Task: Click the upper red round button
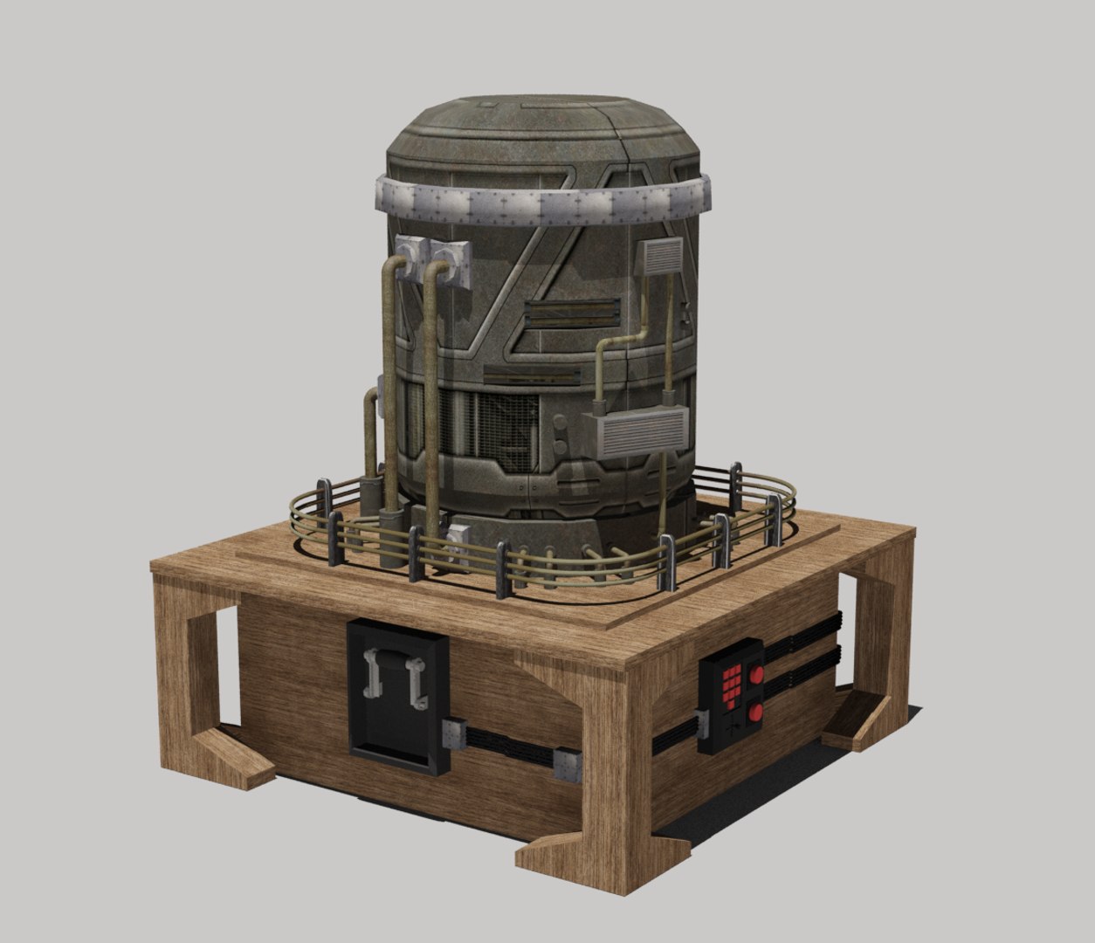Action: [756, 675]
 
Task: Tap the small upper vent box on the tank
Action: [660, 259]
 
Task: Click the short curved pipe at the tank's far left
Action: [370, 428]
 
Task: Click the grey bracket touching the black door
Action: [454, 732]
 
